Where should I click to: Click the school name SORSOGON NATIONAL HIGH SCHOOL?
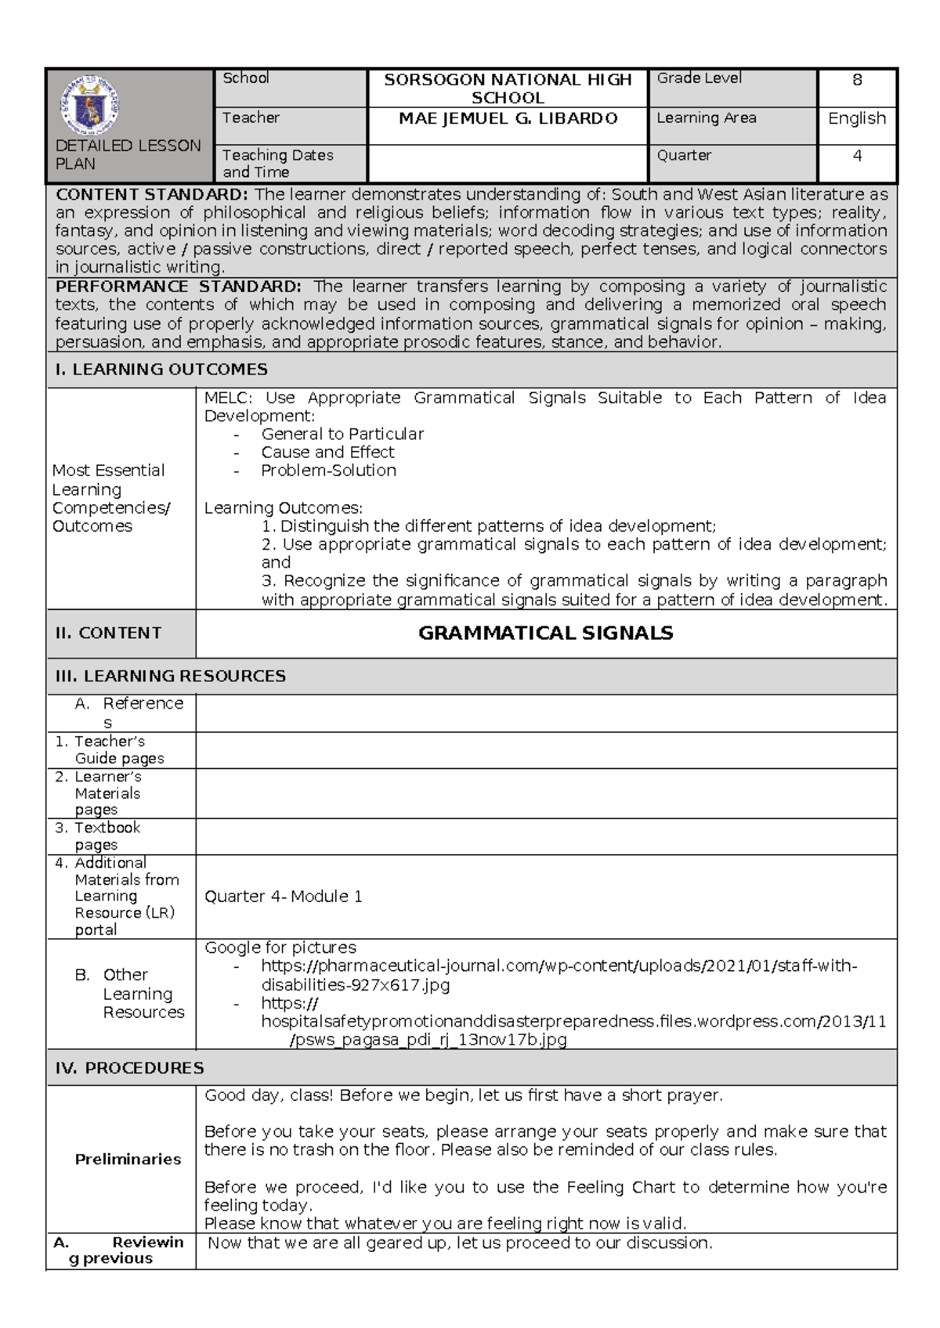click(x=508, y=88)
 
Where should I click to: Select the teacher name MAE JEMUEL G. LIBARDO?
click(x=508, y=118)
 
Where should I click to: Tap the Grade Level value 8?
click(x=857, y=80)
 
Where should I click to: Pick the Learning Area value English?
click(x=857, y=118)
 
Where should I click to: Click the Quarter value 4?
click(x=857, y=156)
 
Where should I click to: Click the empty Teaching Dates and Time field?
click(x=508, y=164)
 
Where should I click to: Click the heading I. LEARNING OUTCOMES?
click(x=161, y=370)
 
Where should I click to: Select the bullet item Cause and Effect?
click(x=327, y=453)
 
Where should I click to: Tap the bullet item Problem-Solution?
click(x=328, y=471)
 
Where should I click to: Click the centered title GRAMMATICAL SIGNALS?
click(x=545, y=633)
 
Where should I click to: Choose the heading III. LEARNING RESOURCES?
click(x=170, y=676)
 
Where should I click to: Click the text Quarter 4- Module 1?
click(x=283, y=897)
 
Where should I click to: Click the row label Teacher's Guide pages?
click(x=110, y=749)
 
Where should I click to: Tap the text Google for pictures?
click(x=280, y=947)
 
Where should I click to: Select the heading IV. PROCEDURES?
click(x=129, y=1068)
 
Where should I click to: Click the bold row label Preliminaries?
click(x=128, y=1159)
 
